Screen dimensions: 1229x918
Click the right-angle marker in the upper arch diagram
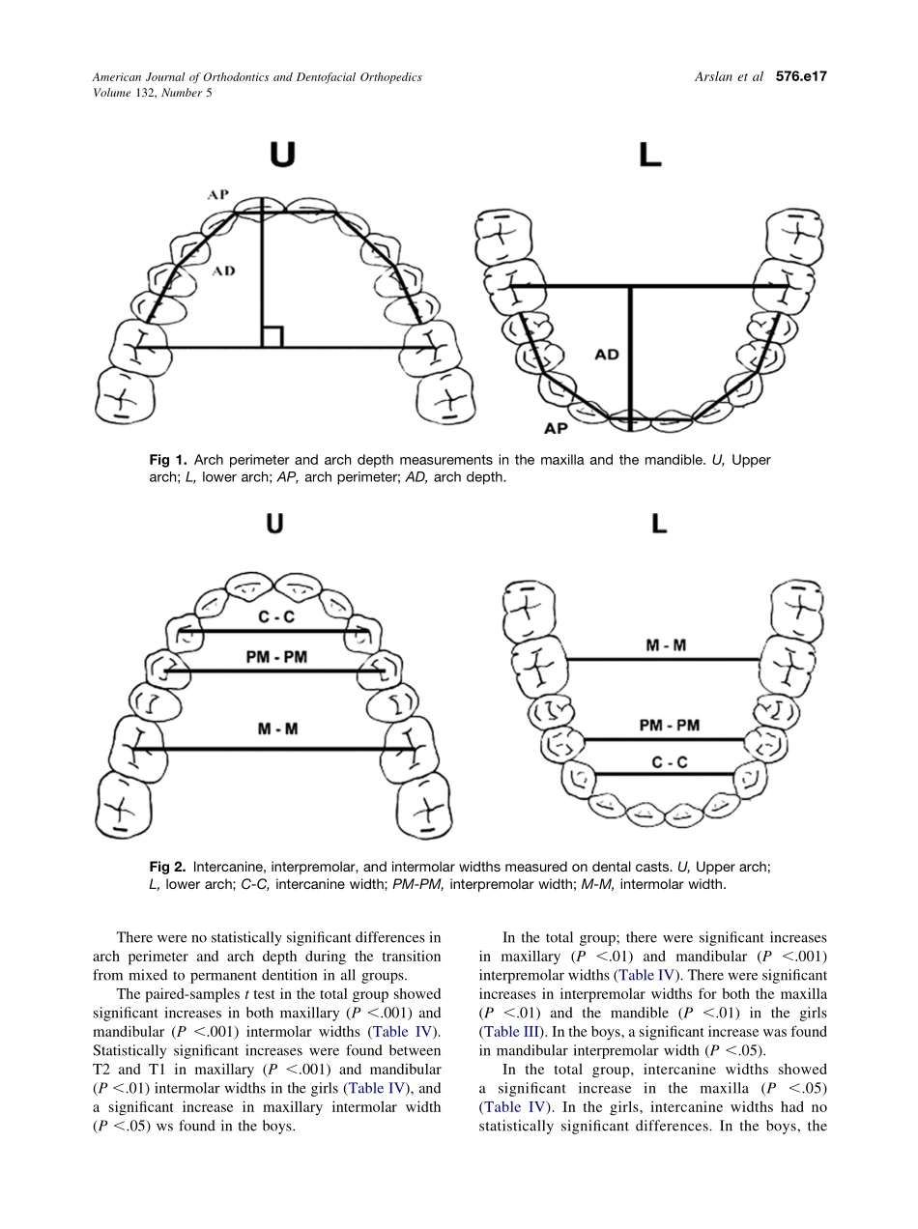tap(273, 337)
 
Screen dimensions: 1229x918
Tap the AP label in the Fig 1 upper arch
tap(218, 195)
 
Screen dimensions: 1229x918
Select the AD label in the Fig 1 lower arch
tap(607, 355)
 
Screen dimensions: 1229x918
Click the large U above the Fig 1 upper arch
tap(281, 155)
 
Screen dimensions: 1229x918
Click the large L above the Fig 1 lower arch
tap(650, 155)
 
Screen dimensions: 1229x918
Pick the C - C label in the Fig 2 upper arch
tap(276, 617)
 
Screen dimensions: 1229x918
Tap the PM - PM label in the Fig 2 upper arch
tap(276, 657)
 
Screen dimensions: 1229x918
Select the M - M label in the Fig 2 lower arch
tap(666, 645)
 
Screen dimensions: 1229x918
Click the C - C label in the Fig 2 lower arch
tap(670, 762)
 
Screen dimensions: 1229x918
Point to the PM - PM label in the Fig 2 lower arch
tap(669, 726)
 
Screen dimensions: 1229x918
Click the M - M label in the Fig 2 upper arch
tap(277, 729)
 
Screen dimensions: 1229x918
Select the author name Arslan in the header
tap(715, 76)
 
